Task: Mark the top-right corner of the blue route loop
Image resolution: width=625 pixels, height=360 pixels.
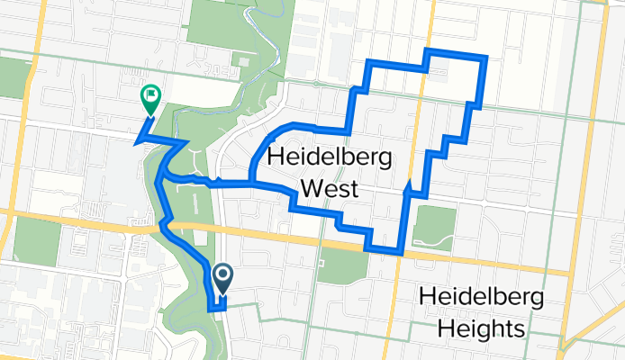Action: click(x=485, y=58)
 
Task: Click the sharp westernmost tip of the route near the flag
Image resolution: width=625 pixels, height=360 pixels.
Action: click(x=135, y=142)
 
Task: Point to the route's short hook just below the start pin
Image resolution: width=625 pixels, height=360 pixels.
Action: click(x=215, y=307)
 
